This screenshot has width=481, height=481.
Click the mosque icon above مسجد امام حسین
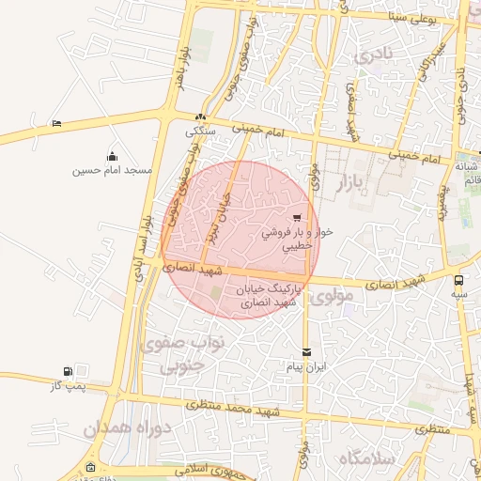[x=113, y=156]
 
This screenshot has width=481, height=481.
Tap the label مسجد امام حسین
[x=114, y=170]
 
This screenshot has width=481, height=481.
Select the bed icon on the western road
[x=57, y=123]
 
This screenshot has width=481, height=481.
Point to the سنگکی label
[x=202, y=132]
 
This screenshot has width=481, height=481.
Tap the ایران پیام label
[x=306, y=366]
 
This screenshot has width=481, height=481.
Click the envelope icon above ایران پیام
[x=306, y=352]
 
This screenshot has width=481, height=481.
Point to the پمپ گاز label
[x=67, y=385]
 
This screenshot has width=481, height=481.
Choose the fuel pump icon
[x=67, y=371]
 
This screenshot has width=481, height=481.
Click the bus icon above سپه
[x=458, y=280]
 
